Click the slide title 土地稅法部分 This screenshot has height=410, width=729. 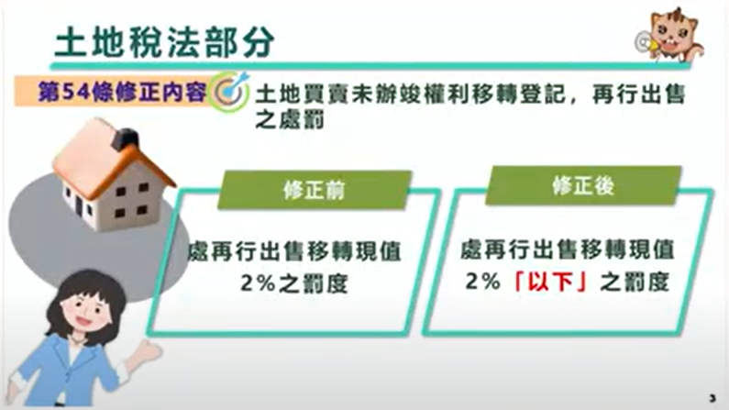(164, 42)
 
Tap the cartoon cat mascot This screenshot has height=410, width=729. (671, 36)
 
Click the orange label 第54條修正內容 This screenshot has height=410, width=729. (122, 92)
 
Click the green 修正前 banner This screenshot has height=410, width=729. (315, 190)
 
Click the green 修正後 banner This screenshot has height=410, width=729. (583, 186)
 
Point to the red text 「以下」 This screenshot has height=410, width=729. (549, 282)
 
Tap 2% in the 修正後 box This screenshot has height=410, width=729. (482, 281)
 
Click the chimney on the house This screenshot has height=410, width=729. (126, 139)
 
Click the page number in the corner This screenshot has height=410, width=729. (712, 398)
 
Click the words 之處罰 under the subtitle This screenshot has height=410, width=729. (289, 119)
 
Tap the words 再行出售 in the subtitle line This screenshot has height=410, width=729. (639, 94)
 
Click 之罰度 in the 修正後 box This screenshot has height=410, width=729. (635, 282)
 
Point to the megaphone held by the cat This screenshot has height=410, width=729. (646, 43)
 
